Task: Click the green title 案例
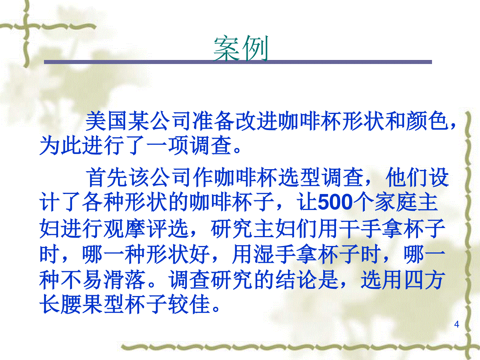click(241, 48)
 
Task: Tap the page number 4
click(457, 324)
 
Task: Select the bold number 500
click(335, 202)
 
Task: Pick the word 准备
click(213, 121)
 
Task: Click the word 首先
click(106, 177)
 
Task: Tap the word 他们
click(407, 177)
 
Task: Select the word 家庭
click(396, 202)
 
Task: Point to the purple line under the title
click(238, 62)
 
